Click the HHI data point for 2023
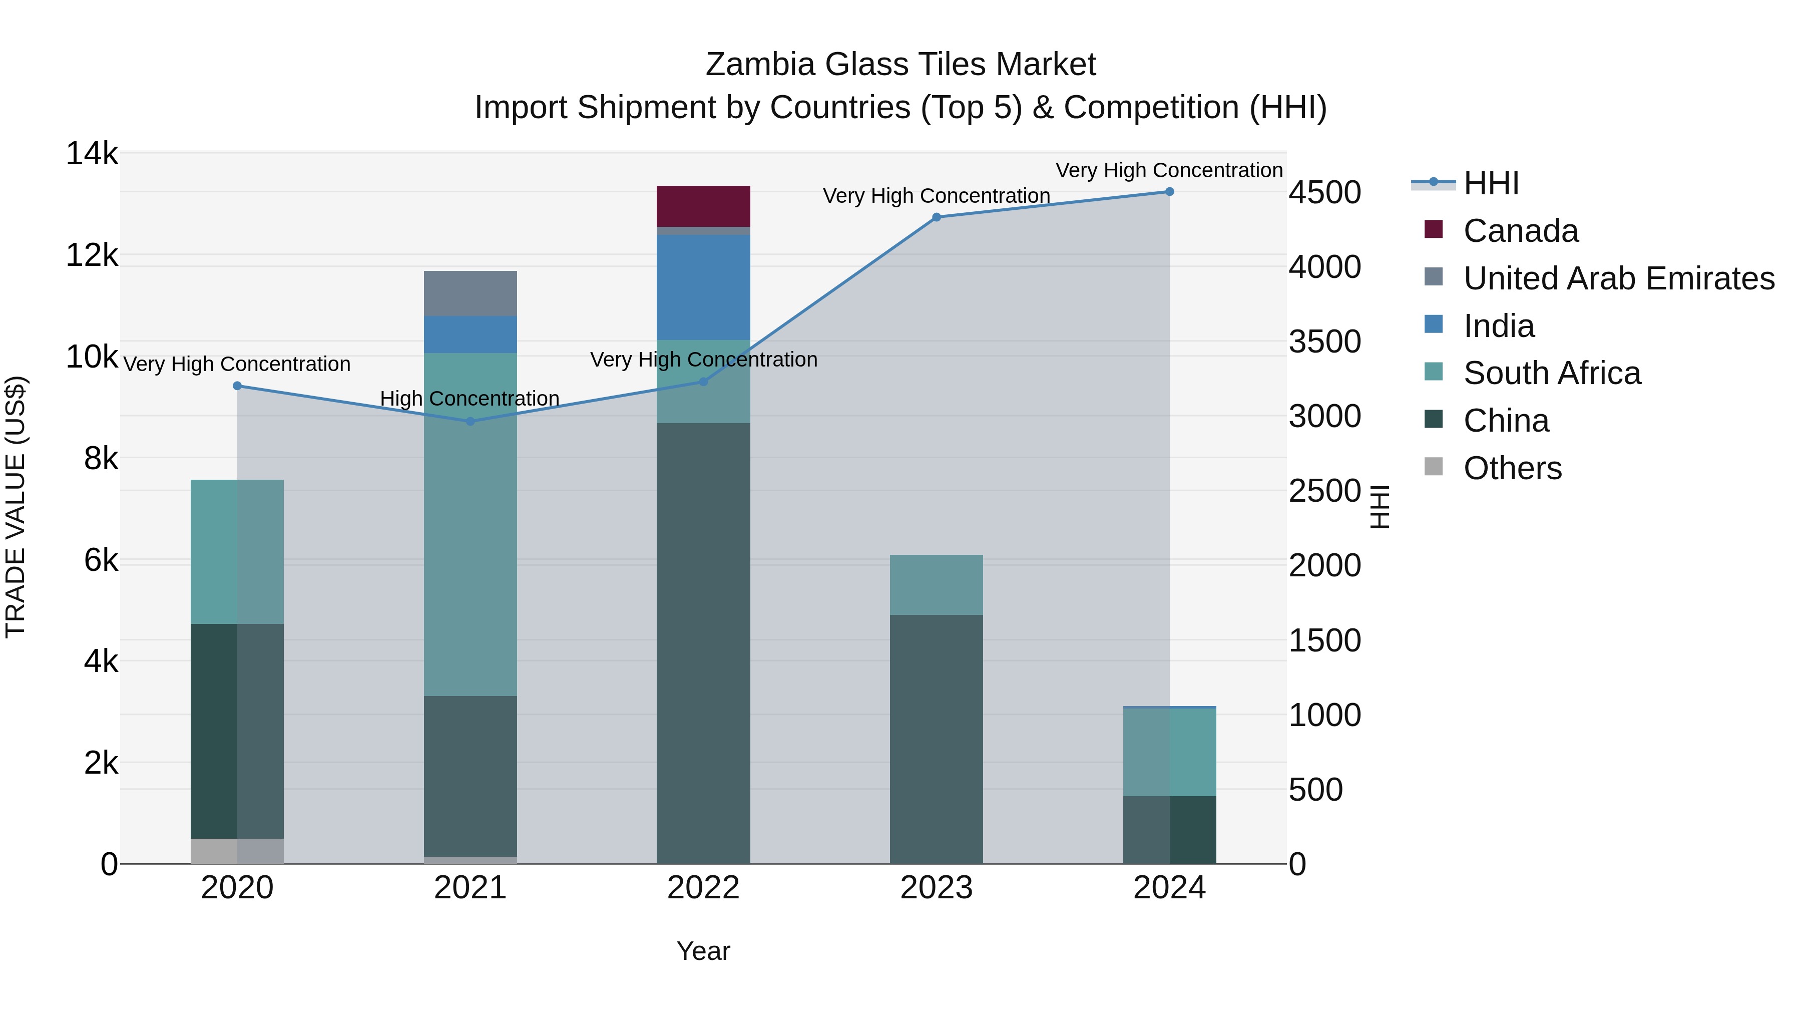coord(937,217)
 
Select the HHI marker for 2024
coord(1170,192)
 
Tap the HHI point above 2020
coord(237,386)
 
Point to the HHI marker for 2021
coord(470,421)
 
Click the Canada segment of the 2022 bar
coord(703,206)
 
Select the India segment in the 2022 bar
coord(703,287)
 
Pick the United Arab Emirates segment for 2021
coord(470,293)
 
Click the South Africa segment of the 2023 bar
coord(936,584)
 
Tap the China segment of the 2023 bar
coord(936,738)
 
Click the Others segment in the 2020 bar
coord(237,850)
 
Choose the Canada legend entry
coord(1520,231)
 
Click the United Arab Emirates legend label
coord(1619,278)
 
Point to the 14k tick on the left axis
coord(92,153)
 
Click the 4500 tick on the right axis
coord(1325,192)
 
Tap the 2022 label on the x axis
coord(703,888)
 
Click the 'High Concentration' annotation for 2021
coord(470,398)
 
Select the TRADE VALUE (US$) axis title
coord(16,507)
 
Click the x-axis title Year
coord(703,951)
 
